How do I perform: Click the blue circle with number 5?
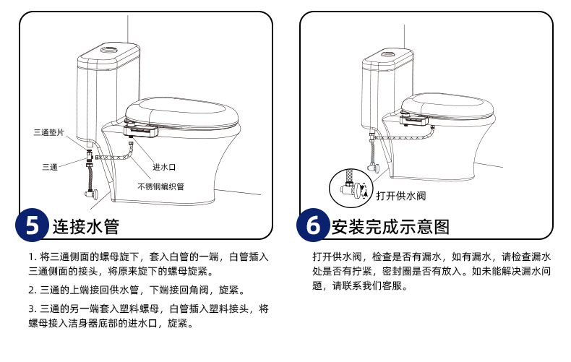[32, 225]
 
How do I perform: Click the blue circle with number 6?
[313, 225]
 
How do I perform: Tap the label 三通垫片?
[49, 132]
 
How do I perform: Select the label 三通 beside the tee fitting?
[50, 167]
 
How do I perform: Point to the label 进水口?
[164, 167]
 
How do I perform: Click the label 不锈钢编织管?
[160, 186]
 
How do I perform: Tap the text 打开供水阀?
[400, 196]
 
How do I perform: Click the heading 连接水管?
[86, 227]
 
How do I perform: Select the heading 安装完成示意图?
[390, 227]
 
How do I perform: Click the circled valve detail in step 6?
[351, 188]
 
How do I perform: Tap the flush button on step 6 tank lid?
[388, 55]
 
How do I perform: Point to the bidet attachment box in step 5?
[141, 130]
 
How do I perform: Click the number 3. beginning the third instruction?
[33, 309]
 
